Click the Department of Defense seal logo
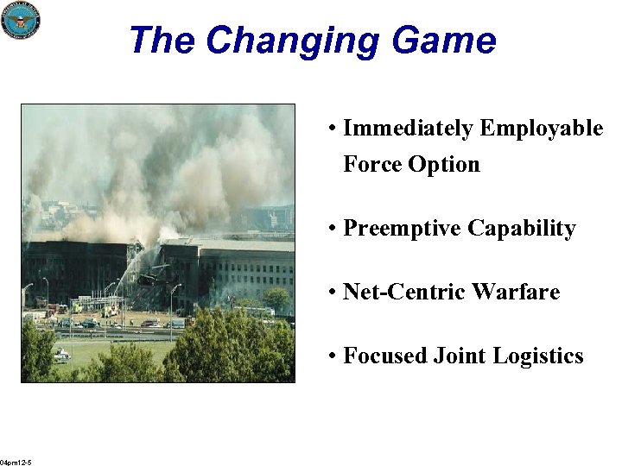tap(21, 20)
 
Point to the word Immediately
tap(408, 129)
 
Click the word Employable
tap(542, 129)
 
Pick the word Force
tap(372, 164)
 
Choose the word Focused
tap(381, 356)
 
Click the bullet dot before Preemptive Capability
tap(333, 230)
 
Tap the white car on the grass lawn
tap(61, 354)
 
